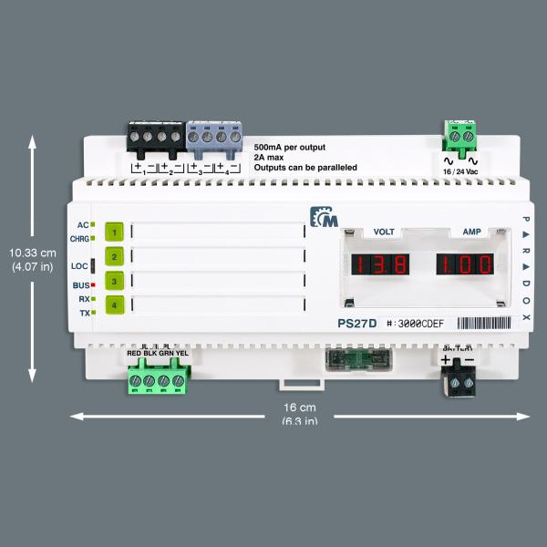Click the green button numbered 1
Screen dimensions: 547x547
(115, 232)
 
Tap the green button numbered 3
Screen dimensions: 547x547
(115, 282)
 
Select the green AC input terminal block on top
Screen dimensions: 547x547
(460, 139)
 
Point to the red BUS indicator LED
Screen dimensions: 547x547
(93, 285)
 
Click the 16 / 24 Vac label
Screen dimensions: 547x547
(460, 171)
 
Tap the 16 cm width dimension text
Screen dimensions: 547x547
(299, 408)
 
